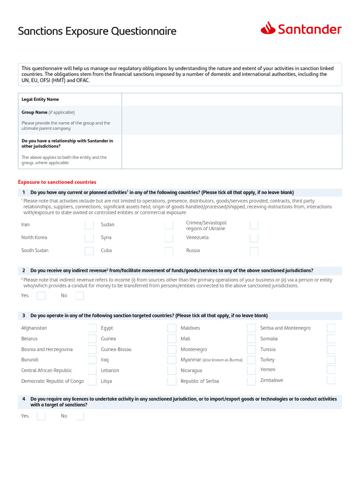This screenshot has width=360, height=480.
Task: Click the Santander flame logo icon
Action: tap(268, 29)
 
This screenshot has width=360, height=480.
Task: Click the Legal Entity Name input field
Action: tap(232, 99)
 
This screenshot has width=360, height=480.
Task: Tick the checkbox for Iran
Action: tap(89, 225)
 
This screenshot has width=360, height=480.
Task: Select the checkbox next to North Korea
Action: tap(89, 238)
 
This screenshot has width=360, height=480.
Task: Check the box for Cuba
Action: tap(169, 251)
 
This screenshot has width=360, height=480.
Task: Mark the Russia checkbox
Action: tap(254, 251)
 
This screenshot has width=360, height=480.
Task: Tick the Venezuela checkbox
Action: tap(254, 238)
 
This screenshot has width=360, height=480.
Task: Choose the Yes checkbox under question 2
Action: tap(41, 296)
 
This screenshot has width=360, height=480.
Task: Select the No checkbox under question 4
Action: tap(79, 416)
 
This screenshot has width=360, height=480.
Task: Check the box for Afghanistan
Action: tap(92, 328)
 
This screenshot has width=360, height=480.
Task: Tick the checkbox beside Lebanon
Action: tap(172, 370)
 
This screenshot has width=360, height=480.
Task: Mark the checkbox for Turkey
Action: tap(331, 360)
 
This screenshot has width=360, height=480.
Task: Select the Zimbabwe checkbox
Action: tap(331, 380)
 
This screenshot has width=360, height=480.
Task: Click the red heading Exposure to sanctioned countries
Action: tap(57, 182)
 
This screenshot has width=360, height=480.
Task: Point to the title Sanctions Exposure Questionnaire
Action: tap(97, 31)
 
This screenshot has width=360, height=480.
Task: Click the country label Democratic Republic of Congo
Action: tap(52, 381)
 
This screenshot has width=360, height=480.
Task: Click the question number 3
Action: tap(23, 315)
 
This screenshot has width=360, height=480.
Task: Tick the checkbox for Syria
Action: tap(169, 238)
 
